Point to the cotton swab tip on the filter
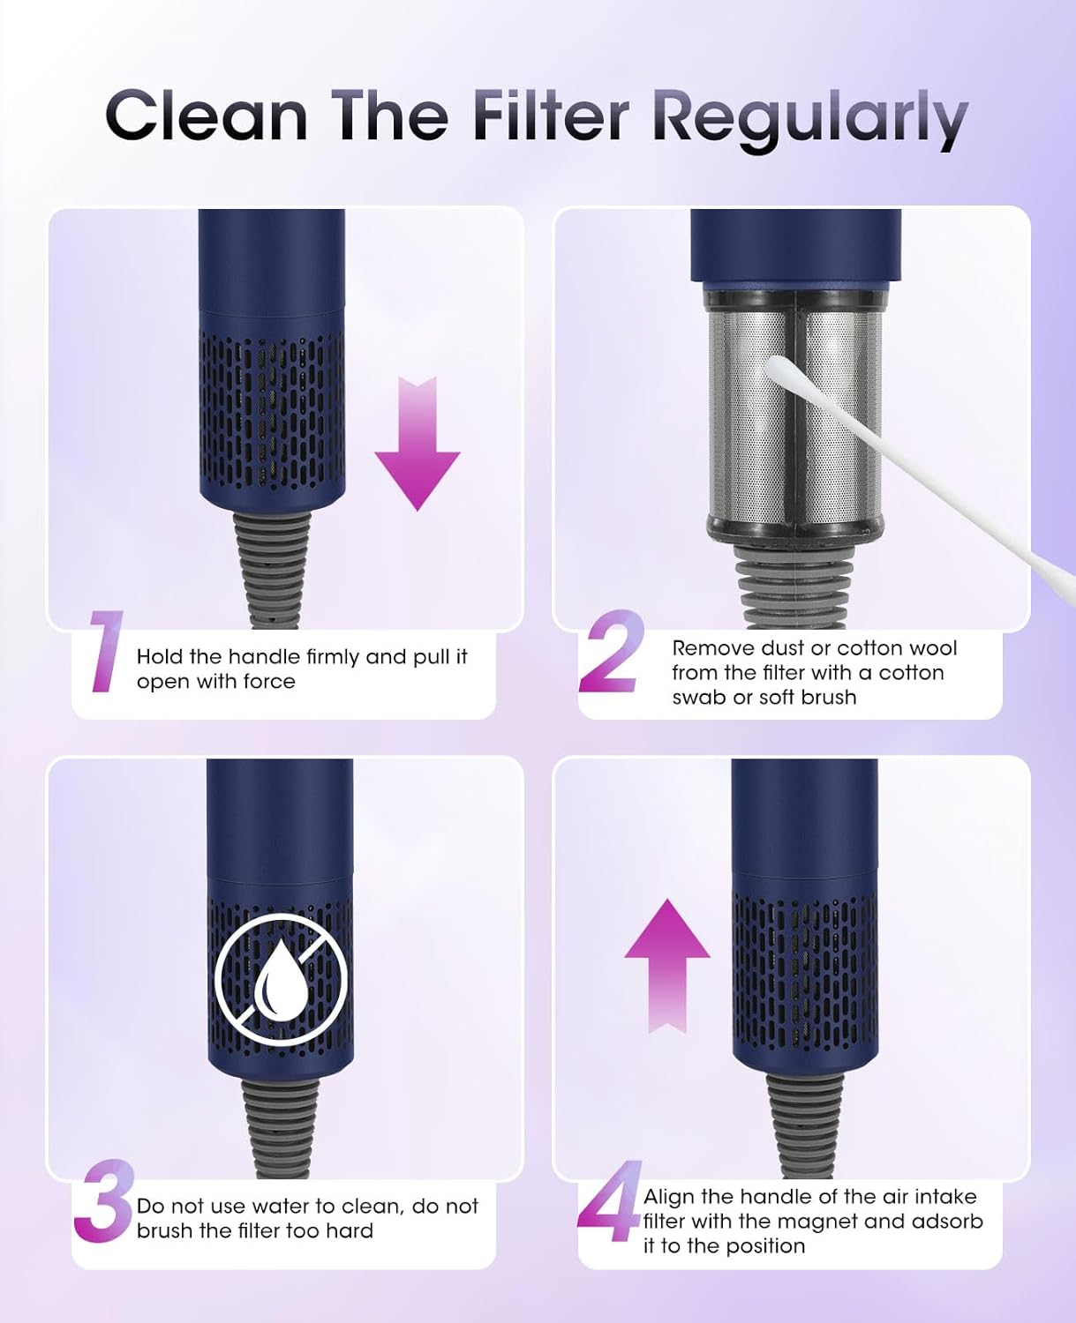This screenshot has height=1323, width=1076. (782, 371)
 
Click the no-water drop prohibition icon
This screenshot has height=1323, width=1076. (281, 978)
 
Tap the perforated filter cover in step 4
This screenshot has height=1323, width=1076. (804, 970)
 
